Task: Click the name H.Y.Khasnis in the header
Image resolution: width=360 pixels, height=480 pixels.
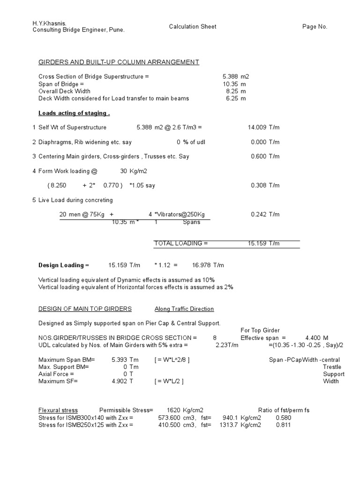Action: (x=49, y=23)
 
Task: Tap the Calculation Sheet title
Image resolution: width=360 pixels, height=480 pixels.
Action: (x=193, y=27)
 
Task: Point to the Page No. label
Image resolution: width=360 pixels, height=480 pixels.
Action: (x=315, y=27)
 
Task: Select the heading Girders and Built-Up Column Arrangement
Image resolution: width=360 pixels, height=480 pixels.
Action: (x=119, y=62)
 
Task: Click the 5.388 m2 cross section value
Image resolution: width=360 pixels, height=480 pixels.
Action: (x=234, y=76)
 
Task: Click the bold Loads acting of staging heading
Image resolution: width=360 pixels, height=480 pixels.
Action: (x=74, y=113)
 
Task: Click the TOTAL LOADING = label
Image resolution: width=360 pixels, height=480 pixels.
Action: (x=180, y=244)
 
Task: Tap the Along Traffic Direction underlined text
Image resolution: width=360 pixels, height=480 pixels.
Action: (x=184, y=309)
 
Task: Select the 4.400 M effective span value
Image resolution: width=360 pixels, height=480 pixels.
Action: (x=317, y=338)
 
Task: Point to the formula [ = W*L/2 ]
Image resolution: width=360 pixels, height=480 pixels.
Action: (x=169, y=382)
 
